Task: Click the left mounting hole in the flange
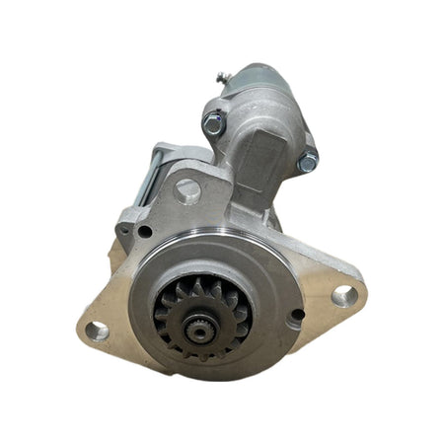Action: (x=97, y=330)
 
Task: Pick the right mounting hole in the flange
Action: (x=342, y=294)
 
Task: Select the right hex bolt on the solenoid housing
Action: (x=308, y=161)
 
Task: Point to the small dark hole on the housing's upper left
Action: (x=145, y=232)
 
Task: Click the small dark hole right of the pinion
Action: (x=296, y=315)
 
